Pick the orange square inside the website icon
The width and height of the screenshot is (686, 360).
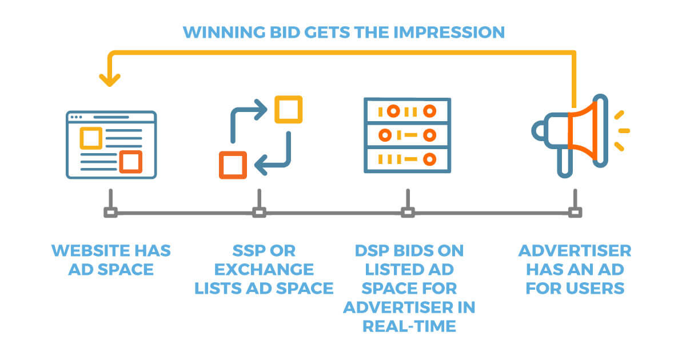point(131,162)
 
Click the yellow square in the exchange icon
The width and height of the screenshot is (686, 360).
point(289,109)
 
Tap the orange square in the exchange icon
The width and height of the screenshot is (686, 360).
point(233,165)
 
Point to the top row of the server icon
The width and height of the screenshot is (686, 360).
point(407,111)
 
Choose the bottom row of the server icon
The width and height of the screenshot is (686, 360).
point(407,158)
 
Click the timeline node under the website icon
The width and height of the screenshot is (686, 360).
point(110,213)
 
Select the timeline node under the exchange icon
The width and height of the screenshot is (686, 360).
point(260,213)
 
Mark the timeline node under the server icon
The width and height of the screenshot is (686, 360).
point(407,213)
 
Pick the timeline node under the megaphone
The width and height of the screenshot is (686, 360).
point(575,213)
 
